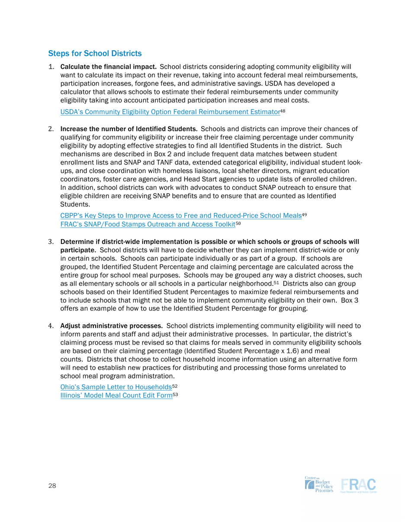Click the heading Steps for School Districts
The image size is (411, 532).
click(x=95, y=54)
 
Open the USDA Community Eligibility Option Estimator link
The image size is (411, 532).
click(x=170, y=112)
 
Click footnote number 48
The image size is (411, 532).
click(x=283, y=111)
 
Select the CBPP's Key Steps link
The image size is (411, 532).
click(x=181, y=216)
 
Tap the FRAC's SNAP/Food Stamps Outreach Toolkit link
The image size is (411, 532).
click(x=148, y=224)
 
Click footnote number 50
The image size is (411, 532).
click(x=238, y=223)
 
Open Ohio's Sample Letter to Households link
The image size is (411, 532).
click(x=116, y=387)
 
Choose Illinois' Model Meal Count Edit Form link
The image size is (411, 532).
click(x=116, y=395)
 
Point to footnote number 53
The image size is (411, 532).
click(x=176, y=394)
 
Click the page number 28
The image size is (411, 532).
click(x=52, y=486)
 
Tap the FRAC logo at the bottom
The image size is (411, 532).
click(x=358, y=484)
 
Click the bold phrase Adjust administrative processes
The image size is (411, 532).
click(x=111, y=325)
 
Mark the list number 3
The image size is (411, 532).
click(x=50, y=240)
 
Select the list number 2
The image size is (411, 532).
click(x=50, y=129)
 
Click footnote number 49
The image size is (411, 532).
click(x=305, y=215)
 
